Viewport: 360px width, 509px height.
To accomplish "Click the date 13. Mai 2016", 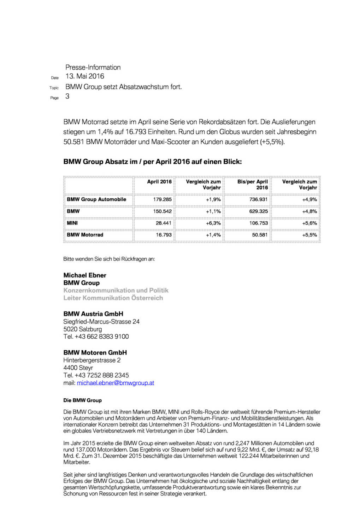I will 85,76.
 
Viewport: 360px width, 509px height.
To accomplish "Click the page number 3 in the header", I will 67,96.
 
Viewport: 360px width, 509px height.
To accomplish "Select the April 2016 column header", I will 159,182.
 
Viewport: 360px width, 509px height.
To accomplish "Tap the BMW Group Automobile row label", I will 96,199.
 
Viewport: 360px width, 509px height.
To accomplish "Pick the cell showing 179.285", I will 162,199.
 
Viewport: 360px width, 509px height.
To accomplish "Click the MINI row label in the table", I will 72,223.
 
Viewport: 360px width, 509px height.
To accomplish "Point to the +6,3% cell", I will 213,223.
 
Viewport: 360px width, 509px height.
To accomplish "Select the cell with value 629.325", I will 258,211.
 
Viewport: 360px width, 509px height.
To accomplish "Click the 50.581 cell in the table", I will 260,235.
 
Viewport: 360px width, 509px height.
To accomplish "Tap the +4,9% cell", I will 309,199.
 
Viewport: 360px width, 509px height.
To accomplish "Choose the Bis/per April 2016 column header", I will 253,185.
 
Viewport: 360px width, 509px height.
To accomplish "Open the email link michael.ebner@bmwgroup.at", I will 116,383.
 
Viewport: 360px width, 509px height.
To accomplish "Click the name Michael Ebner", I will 85,275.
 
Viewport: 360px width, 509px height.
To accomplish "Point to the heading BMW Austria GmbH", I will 93,314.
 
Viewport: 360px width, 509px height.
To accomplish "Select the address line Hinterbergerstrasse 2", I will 92,360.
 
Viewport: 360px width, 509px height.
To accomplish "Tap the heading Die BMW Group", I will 82,400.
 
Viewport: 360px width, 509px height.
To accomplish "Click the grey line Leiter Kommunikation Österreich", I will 113,298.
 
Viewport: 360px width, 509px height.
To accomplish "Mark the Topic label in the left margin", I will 54,88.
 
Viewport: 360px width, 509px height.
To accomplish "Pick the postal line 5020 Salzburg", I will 83,329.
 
